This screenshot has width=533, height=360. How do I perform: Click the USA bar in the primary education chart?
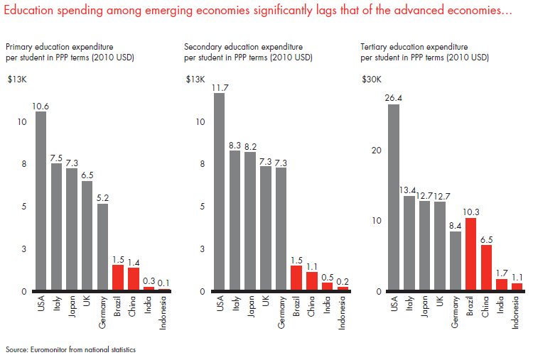click(41, 202)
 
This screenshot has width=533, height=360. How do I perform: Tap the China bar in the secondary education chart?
click(312, 281)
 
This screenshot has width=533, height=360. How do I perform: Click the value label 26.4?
click(393, 98)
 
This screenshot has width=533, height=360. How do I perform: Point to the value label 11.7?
click(218, 87)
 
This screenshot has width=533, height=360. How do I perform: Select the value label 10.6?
click(41, 106)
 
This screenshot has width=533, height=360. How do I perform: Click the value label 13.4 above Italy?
click(409, 190)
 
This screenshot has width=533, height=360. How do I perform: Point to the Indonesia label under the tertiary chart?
click(517, 316)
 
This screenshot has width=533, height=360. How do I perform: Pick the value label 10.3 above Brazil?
click(471, 212)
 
